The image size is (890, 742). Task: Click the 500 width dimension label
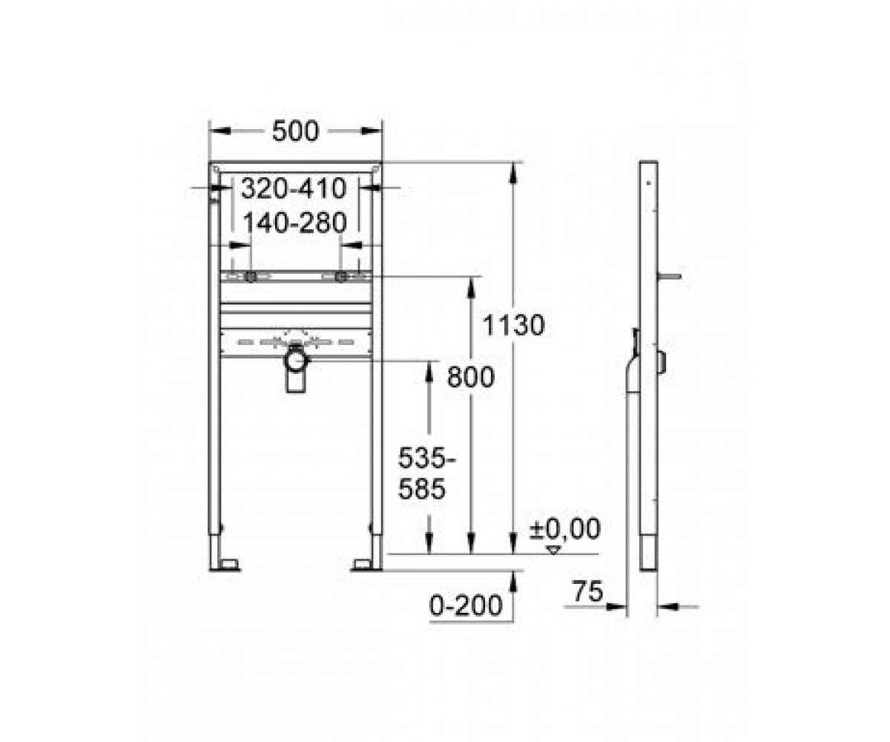[295, 131]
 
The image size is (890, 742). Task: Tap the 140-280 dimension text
[295, 223]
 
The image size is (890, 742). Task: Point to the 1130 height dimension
[514, 326]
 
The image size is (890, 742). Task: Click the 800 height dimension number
[470, 378]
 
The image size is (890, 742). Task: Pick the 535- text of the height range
[426, 459]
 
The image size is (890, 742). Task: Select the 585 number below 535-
[421, 489]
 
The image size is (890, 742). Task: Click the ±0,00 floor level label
[564, 529]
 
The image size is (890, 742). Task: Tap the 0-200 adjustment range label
[466, 605]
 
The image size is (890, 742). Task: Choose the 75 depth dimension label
[588, 591]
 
